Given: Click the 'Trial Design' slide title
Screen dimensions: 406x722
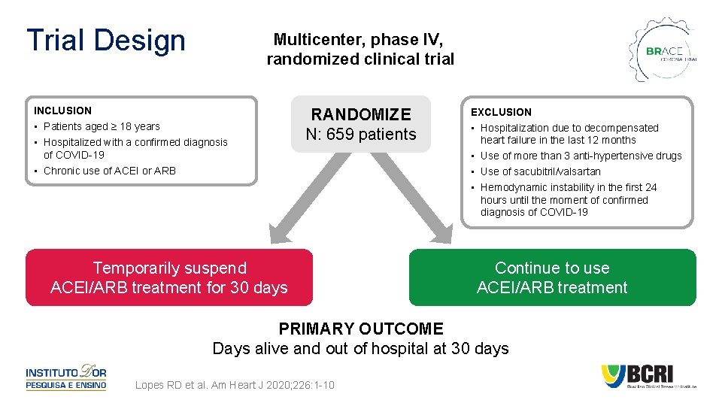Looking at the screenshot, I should click(105, 41).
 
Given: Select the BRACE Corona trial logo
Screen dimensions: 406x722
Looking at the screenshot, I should click(663, 51).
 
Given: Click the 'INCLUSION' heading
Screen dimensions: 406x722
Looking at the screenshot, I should click(62, 111).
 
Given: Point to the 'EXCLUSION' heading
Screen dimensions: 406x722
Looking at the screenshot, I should click(501, 112).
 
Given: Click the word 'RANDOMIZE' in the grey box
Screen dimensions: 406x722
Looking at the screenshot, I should click(361, 114).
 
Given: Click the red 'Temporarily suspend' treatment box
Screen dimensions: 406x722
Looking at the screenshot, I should click(169, 277).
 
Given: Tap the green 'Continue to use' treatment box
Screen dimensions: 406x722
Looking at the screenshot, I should click(552, 277).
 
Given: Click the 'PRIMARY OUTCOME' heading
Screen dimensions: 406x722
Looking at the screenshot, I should click(361, 329).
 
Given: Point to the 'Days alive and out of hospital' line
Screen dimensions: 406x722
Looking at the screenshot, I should click(361, 349).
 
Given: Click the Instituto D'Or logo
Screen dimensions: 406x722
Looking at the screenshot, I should click(66, 377).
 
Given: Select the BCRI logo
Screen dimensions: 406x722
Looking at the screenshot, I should click(648, 377).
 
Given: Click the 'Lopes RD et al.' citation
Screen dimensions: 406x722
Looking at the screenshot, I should click(235, 386).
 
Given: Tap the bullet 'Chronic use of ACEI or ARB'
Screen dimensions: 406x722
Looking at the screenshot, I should click(110, 171).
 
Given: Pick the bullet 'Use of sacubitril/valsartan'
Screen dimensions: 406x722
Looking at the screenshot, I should click(541, 171).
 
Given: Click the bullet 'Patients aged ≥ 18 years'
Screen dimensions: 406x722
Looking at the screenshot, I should click(102, 126).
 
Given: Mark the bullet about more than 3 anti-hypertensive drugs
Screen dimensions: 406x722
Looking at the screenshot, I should click(581, 156).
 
